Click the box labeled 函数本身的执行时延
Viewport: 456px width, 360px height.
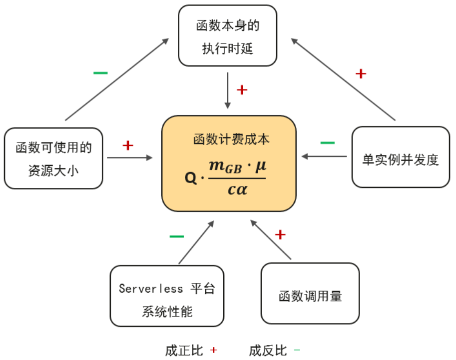228,36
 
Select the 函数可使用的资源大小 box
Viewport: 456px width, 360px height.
53,158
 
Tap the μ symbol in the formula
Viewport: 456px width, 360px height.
260,166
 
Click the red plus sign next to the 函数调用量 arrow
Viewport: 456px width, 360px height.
280,234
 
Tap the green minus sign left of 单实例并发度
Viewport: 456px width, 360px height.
327,143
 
